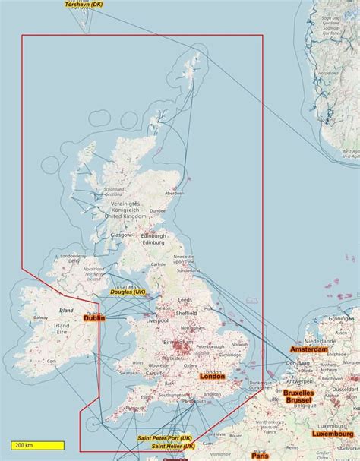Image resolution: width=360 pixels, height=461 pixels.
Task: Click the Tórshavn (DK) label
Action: click(84, 4)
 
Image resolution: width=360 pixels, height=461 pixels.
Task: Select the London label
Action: click(212, 376)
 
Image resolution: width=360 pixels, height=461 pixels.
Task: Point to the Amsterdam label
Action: click(308, 349)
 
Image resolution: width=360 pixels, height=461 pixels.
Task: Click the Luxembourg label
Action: click(332, 434)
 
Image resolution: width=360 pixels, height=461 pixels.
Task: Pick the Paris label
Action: click(261, 456)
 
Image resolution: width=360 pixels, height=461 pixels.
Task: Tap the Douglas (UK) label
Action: click(128, 292)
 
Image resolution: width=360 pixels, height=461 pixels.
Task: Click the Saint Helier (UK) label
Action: click(172, 447)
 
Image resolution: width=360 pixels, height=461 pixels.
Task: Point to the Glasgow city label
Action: click(121, 235)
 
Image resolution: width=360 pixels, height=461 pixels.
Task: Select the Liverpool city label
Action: click(158, 320)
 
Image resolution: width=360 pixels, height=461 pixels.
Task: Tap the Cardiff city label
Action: click(153, 373)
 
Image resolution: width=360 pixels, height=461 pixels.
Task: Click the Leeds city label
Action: click(207, 300)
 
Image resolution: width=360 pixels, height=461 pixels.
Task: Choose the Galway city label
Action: click(40, 318)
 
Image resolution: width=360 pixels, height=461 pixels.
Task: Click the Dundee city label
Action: click(158, 211)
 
